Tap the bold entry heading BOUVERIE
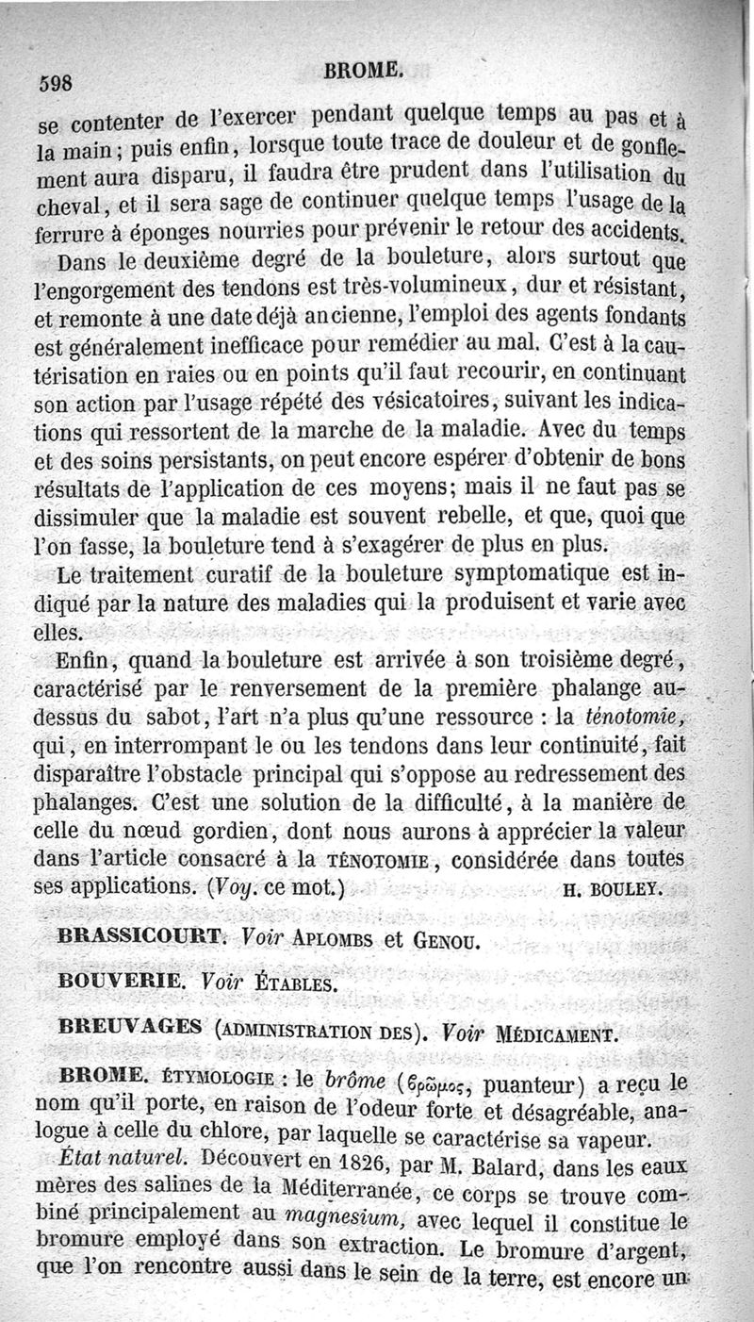click(120, 982)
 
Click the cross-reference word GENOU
click(438, 940)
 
